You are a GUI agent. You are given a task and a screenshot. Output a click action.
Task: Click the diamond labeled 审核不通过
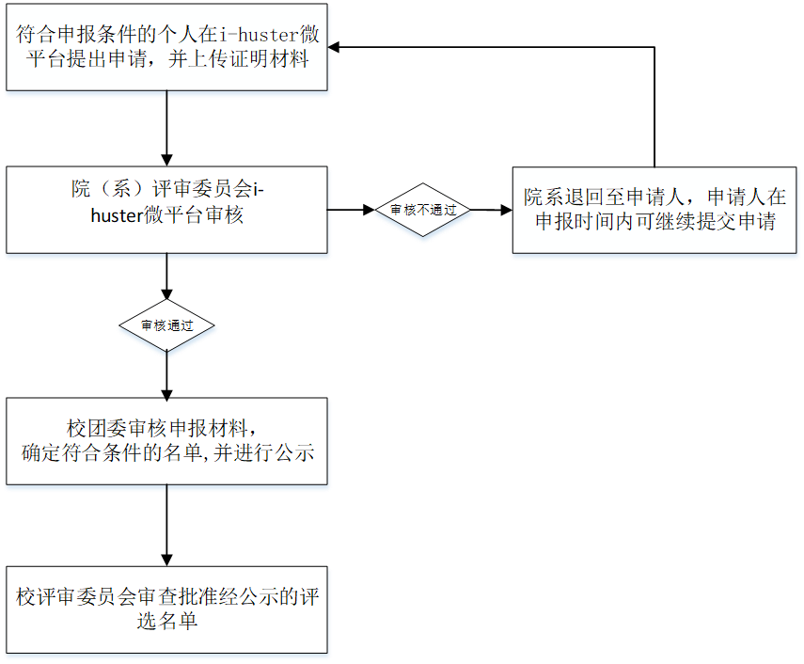[x=423, y=211]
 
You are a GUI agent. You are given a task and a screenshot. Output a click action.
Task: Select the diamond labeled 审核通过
[x=167, y=326]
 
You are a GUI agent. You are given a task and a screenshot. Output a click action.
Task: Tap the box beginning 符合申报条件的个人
[x=167, y=47]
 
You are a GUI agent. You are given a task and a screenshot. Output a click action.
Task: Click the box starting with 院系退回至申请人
[x=654, y=211]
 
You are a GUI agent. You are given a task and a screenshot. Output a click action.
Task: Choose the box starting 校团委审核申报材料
[x=167, y=440]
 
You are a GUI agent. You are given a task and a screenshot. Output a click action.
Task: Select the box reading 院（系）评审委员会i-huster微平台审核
[x=167, y=203]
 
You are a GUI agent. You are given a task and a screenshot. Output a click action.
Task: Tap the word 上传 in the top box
[x=205, y=59]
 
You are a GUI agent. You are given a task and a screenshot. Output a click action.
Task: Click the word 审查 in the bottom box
[x=157, y=598]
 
